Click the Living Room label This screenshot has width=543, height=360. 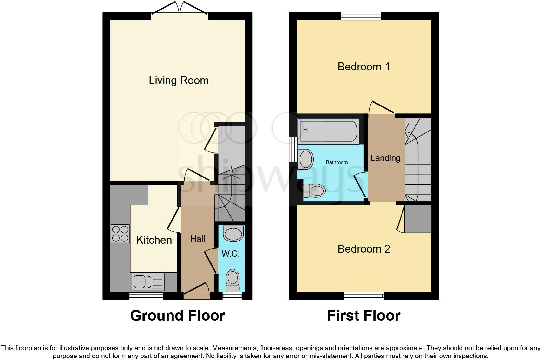pyautogui.click(x=179, y=80)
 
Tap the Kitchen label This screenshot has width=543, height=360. pyautogui.click(x=154, y=240)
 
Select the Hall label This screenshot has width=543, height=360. pyautogui.click(x=198, y=239)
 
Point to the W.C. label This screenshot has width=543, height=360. pyautogui.click(x=231, y=254)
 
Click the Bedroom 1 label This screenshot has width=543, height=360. pyautogui.click(x=363, y=67)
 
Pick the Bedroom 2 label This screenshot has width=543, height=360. pyautogui.click(x=364, y=249)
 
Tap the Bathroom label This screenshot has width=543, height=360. pyautogui.click(x=337, y=163)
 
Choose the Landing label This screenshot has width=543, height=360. pyautogui.click(x=385, y=158)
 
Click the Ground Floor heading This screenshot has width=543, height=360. pyautogui.click(x=178, y=316)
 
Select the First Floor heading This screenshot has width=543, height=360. pyautogui.click(x=363, y=316)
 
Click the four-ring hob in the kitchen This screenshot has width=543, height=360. pyautogui.click(x=120, y=234)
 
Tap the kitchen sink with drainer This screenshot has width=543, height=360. pyautogui.click(x=148, y=282)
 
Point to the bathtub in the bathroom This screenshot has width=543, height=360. pyautogui.click(x=328, y=131)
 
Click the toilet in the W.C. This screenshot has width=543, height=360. pyautogui.click(x=232, y=280)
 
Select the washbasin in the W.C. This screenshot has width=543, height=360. pyautogui.click(x=233, y=234)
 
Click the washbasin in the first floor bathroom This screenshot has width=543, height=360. pyautogui.click(x=305, y=159)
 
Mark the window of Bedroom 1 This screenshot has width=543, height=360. pyautogui.click(x=361, y=16)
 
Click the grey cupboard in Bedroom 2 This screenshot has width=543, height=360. pyautogui.click(x=418, y=219)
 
